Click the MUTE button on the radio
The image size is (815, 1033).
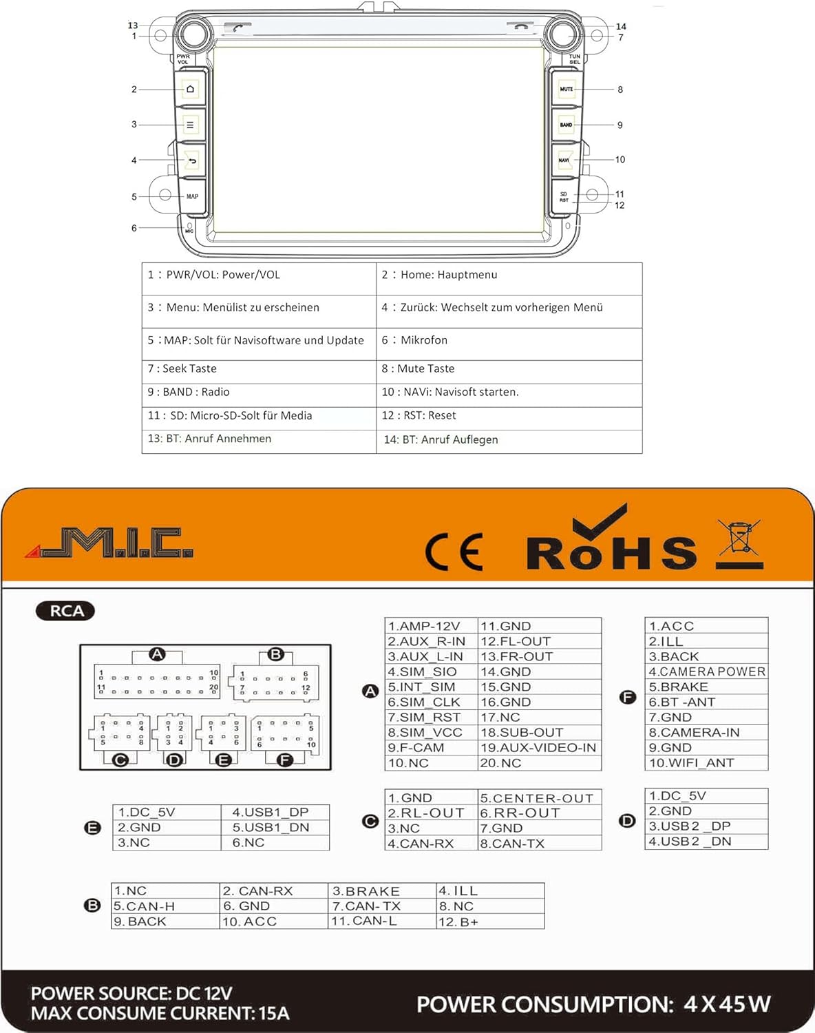567,89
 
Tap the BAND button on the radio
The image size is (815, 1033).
567,125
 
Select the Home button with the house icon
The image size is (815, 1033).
191,89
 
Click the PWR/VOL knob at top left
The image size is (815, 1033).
192,32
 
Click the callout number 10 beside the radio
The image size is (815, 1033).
620,160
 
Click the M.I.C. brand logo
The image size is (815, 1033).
110,543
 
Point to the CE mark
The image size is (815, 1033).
454,552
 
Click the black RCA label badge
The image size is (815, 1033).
66,611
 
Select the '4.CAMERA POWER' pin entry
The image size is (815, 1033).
707,671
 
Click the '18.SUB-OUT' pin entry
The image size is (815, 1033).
522,732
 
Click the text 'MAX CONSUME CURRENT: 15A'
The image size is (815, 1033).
160,1013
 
